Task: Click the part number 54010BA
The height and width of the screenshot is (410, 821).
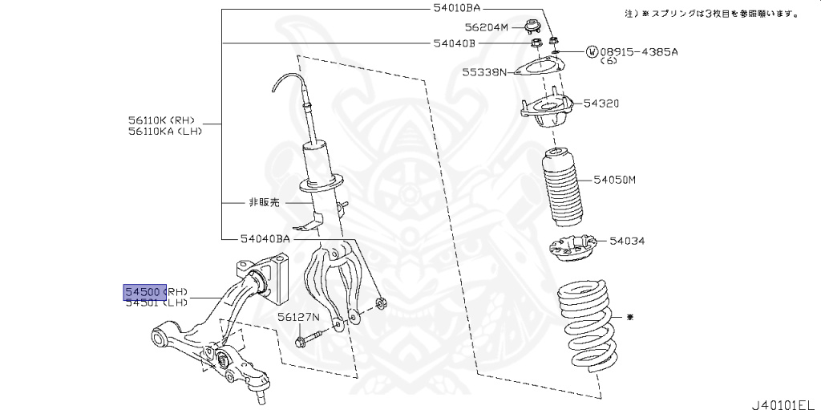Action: tap(455, 8)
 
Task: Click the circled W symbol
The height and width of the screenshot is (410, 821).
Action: tap(592, 52)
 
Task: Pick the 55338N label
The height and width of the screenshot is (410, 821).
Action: tap(483, 72)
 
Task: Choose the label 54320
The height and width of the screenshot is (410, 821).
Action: tap(601, 104)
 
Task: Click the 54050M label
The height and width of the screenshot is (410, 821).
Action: tap(614, 180)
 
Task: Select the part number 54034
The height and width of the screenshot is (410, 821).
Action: tap(627, 240)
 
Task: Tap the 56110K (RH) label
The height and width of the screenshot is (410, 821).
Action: tap(161, 120)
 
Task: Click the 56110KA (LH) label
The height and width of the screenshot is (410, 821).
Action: tap(164, 131)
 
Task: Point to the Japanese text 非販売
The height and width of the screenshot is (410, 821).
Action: tap(263, 203)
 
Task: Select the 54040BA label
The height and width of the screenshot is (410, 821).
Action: tap(265, 238)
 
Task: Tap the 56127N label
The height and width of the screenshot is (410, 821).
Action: tap(299, 317)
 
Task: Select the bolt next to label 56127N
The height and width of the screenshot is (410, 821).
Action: tap(305, 340)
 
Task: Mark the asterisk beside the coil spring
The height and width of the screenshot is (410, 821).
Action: tap(629, 318)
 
